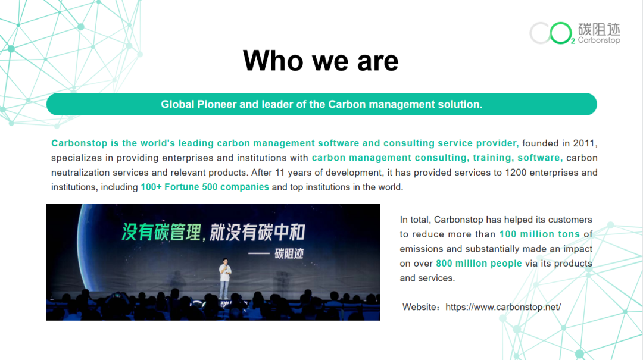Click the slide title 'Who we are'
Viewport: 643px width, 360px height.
coord(321,61)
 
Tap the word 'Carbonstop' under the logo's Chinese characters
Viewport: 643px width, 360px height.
coord(599,40)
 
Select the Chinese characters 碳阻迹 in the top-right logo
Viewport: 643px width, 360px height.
coord(599,29)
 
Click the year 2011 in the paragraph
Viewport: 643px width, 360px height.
coord(584,143)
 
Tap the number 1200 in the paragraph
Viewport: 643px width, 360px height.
coord(516,173)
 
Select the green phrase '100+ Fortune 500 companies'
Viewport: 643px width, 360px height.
coord(205,187)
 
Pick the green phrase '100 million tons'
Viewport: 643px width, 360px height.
coord(539,234)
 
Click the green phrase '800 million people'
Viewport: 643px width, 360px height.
coord(479,263)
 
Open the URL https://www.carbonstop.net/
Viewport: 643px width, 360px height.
coord(503,307)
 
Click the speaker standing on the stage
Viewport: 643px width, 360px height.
coord(224,278)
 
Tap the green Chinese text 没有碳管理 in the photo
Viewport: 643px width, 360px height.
coord(161,232)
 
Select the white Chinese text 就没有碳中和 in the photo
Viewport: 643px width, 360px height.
coord(258,233)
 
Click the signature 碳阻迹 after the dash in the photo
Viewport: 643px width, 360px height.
coord(289,254)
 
